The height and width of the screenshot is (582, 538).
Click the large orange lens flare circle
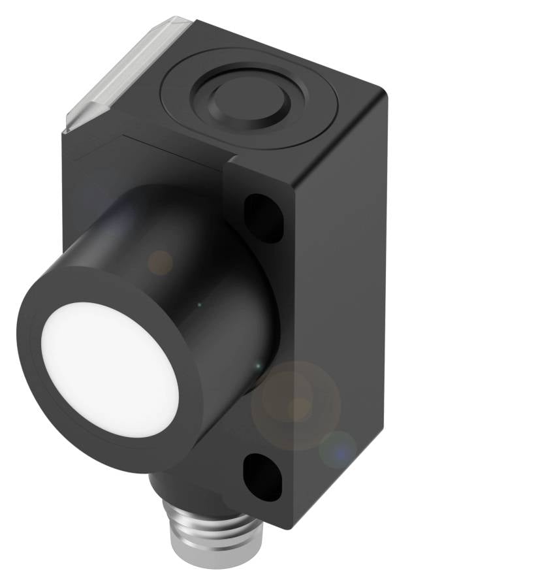click(297, 405)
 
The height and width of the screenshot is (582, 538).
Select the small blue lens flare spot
click(338, 449)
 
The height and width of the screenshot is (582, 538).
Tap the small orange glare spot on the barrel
click(160, 262)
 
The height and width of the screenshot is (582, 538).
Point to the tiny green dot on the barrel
click(200, 304)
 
